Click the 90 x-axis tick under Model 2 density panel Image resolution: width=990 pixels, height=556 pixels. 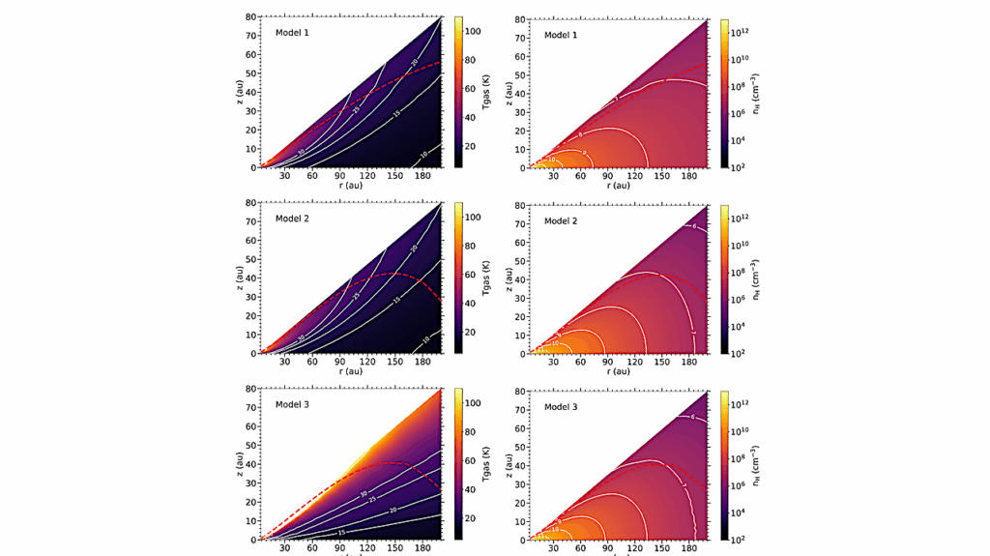pyautogui.click(x=609, y=364)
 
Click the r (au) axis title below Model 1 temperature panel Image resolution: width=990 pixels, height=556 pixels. pyautogui.click(x=353, y=186)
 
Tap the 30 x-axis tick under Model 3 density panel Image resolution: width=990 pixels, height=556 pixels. pyautogui.click(x=554, y=549)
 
